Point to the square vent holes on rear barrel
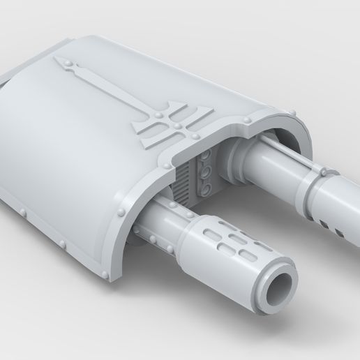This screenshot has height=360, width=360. click(x=333, y=209)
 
